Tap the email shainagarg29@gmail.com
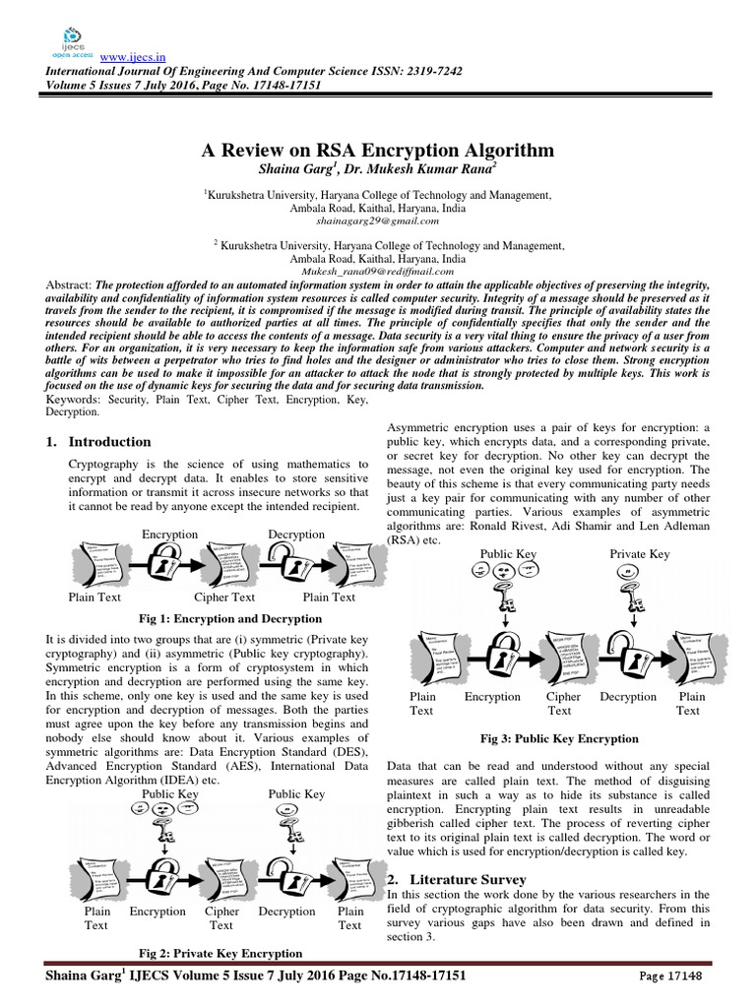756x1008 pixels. (x=378, y=221)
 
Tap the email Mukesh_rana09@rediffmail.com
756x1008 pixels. (x=378, y=269)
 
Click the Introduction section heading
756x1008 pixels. (x=109, y=442)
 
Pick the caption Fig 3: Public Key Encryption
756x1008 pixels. (x=559, y=737)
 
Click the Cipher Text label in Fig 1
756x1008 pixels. (x=224, y=598)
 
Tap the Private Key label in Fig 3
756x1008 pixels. (x=640, y=554)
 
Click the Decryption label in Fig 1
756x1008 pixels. (x=296, y=534)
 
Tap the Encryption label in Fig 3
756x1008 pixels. (x=492, y=697)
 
